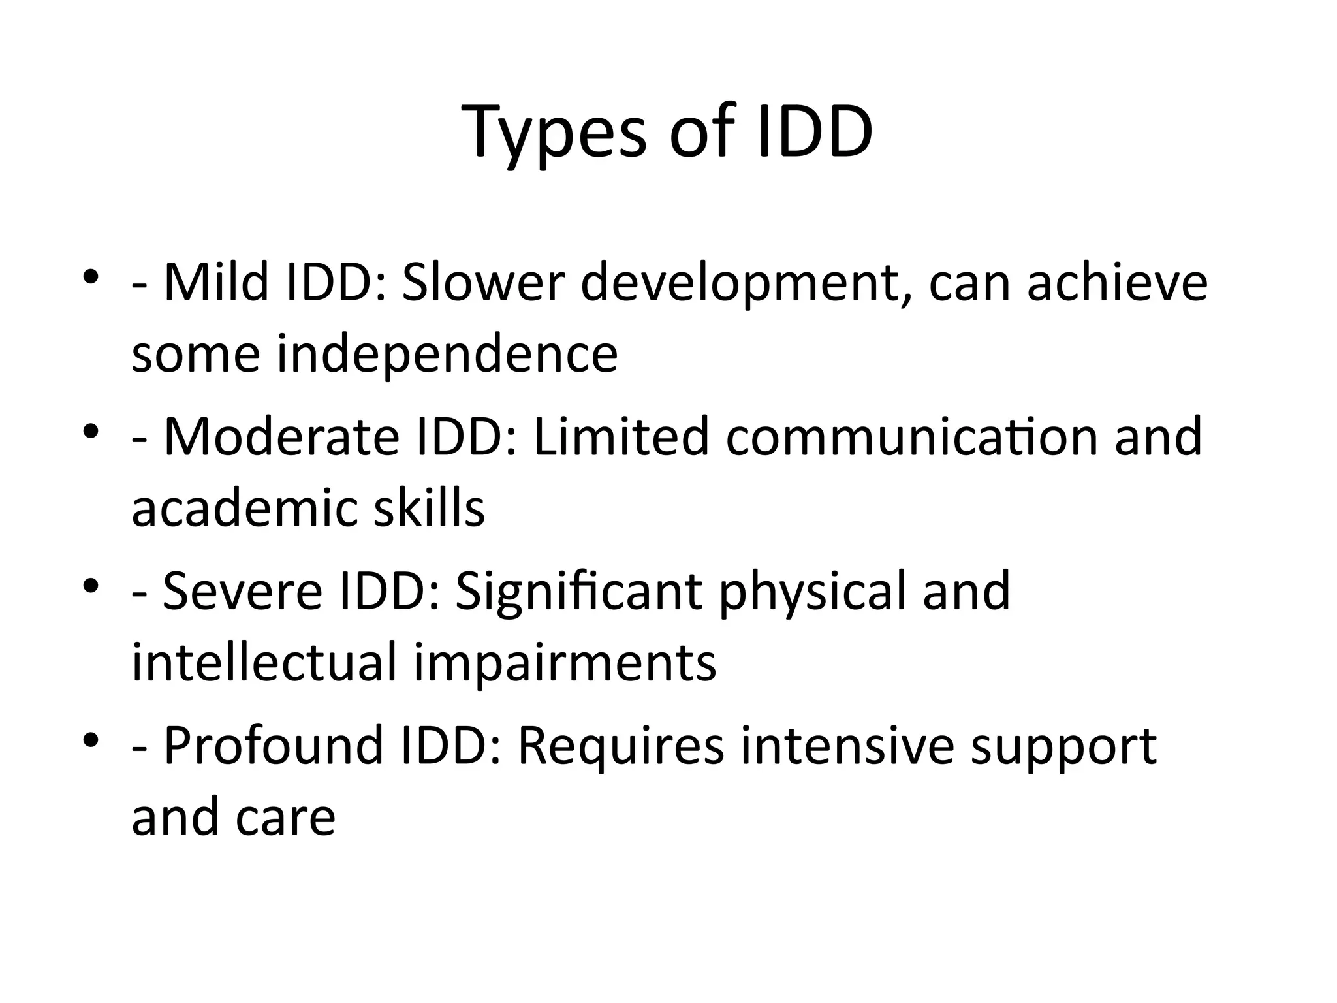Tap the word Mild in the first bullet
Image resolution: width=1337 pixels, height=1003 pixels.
216,283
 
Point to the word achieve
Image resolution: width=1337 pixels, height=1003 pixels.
1117,283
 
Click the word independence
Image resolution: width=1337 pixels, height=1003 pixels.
447,354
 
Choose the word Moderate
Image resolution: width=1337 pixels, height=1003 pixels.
281,437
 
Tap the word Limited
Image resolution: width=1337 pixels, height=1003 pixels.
621,437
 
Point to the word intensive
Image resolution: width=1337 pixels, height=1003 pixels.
848,745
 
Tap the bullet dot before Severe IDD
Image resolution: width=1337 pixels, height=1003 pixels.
91,583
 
